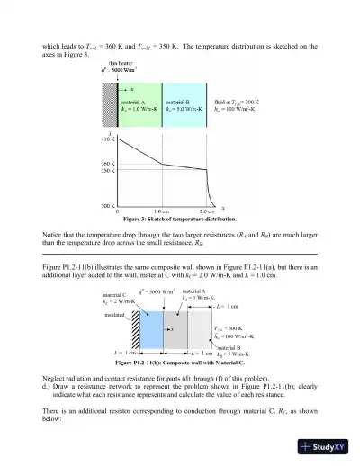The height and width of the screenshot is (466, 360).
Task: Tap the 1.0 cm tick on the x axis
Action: (163, 211)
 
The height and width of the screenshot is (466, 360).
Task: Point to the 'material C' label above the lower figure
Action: (114, 294)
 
